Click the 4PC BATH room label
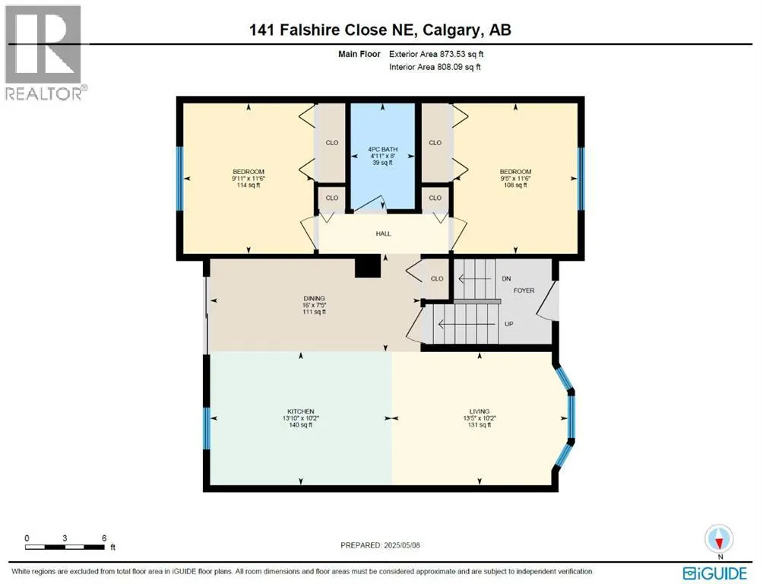tap(384, 149)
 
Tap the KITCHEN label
tap(301, 411)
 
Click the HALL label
tap(384, 233)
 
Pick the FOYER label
tap(524, 290)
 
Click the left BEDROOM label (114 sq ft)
tap(248, 172)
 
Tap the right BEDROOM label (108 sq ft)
tap(515, 172)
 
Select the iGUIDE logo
tap(717, 572)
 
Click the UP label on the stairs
tap(508, 323)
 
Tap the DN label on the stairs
tap(506, 279)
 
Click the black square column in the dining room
tap(368, 267)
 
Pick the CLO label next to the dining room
tap(437, 278)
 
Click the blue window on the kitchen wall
tap(205, 429)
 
